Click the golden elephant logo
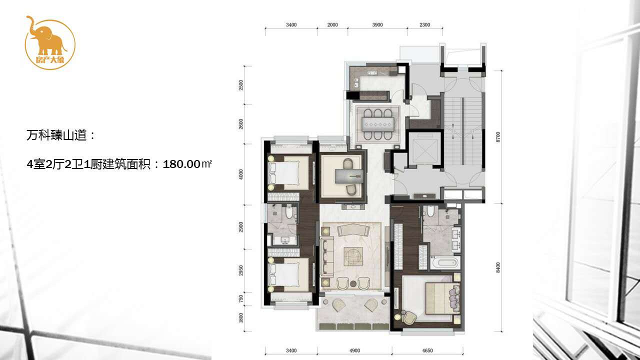click(x=50, y=42)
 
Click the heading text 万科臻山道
click(x=56, y=135)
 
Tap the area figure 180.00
click(x=181, y=164)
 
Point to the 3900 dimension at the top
click(x=377, y=25)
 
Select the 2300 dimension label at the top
click(x=425, y=25)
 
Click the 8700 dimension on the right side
click(x=498, y=137)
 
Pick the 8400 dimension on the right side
click(x=498, y=267)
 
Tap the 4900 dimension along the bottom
click(x=354, y=350)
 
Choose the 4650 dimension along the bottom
click(x=427, y=350)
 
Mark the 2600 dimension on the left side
click(x=241, y=124)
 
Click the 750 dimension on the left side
click(x=241, y=299)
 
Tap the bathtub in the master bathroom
click(x=445, y=263)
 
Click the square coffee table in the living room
click(x=353, y=256)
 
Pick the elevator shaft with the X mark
click(x=424, y=149)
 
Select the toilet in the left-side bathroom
click(x=289, y=212)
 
